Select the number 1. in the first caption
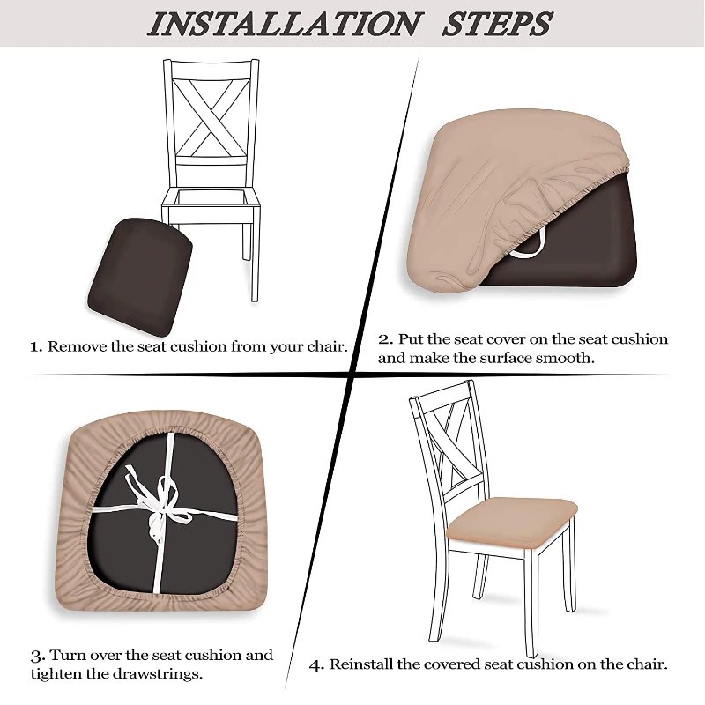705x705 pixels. point(36,346)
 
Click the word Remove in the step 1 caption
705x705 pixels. point(78,346)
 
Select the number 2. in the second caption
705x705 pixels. point(385,339)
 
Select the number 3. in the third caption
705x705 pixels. point(37,656)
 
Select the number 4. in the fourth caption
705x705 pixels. point(316,664)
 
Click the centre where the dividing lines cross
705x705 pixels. point(353,375)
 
